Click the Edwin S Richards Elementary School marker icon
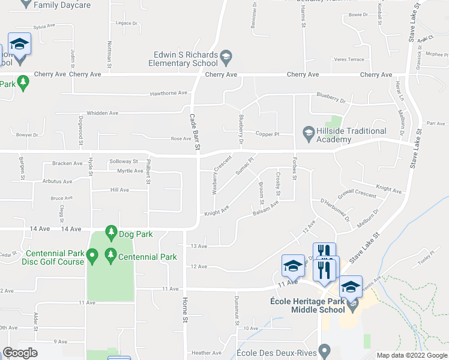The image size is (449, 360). click(226, 58)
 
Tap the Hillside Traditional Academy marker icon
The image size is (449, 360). click(309, 131)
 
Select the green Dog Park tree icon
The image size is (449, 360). click(110, 231)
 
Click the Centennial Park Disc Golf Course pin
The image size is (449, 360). click(92, 257)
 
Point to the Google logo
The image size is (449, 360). click(20, 353)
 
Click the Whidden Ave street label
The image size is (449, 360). click(103, 113)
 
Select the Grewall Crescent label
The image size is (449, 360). click(357, 195)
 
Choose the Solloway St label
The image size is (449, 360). click(124, 161)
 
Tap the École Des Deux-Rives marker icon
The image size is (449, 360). click(325, 349)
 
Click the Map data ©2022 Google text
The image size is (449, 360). click(411, 355)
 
